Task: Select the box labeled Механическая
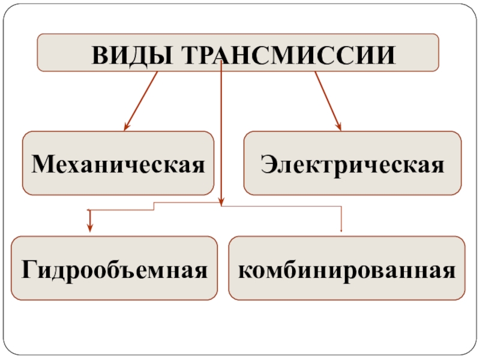pos(118,163)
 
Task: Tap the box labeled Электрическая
pos(352,163)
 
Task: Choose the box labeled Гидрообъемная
pos(115,268)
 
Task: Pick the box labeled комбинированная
pos(347,268)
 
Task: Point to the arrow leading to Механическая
pos(142,100)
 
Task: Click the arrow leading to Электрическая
pos(328,100)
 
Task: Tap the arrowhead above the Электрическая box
pos(339,127)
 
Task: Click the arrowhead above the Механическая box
pos(126,127)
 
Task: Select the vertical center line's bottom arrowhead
pos(221,201)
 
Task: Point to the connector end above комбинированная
pos(341,230)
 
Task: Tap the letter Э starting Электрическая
pos(266,163)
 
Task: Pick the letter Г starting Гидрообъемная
pos(28,269)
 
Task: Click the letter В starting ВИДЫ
pos(98,55)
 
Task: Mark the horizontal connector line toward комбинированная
pos(282,208)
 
